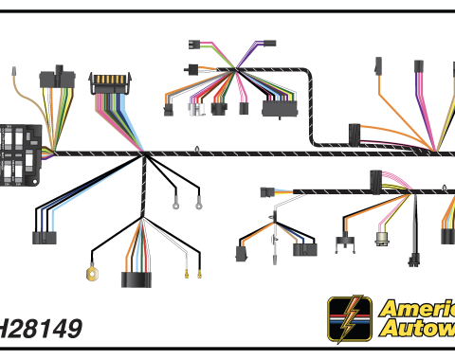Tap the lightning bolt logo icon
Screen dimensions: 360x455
click(348, 320)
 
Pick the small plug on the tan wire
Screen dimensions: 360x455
click(14, 71)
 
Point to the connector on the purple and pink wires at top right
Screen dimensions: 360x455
click(419, 67)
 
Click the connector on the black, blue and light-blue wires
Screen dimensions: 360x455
click(44, 237)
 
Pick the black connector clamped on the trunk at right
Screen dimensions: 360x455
click(355, 133)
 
